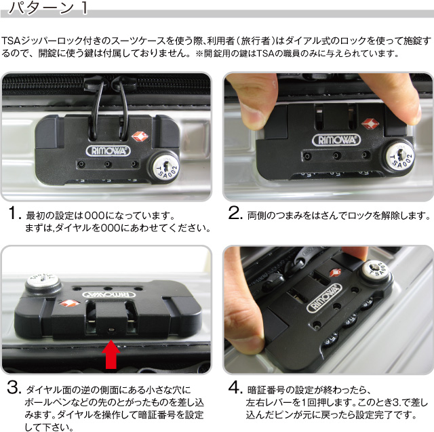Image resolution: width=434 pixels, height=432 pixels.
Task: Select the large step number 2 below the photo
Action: [235, 214]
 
